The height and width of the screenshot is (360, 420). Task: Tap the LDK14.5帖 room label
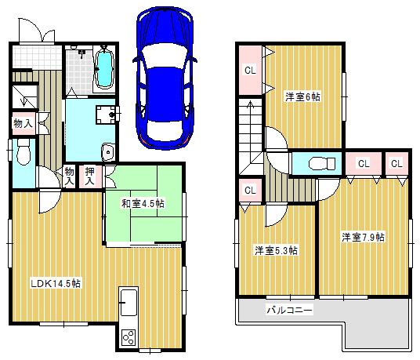click(x=56, y=284)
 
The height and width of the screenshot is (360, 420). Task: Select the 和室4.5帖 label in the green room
click(x=142, y=204)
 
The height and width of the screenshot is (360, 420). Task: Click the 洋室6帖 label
click(x=302, y=96)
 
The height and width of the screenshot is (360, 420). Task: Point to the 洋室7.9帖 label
click(x=363, y=236)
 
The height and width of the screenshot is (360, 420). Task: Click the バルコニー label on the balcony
click(x=289, y=311)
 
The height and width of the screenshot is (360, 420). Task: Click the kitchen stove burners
click(x=128, y=338)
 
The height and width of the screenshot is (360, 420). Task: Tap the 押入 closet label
click(x=91, y=176)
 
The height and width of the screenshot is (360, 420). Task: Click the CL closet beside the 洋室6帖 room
click(x=250, y=70)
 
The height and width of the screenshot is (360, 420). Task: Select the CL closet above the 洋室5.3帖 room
click(x=250, y=191)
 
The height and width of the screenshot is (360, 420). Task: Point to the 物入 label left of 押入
click(x=70, y=176)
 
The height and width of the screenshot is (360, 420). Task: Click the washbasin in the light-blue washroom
click(x=108, y=152)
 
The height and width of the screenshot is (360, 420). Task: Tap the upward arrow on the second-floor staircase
click(x=251, y=110)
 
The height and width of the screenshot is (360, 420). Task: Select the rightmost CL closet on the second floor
click(x=396, y=164)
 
